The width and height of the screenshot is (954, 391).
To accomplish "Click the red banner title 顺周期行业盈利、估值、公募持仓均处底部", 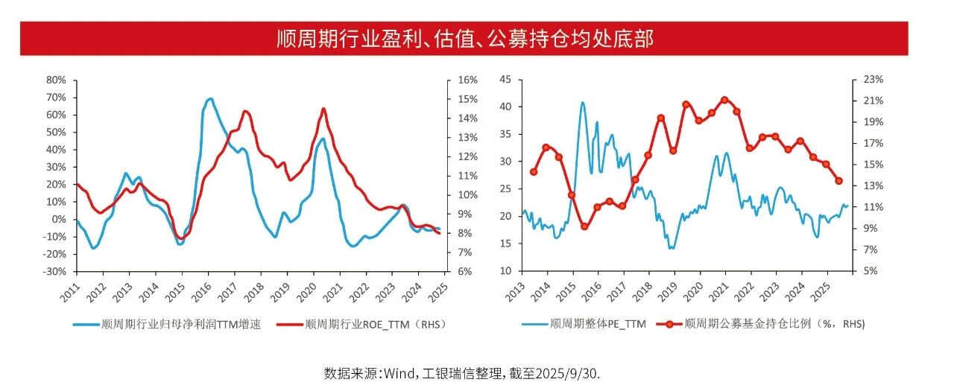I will click(464, 39).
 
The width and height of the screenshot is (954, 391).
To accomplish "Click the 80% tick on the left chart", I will click(57, 80).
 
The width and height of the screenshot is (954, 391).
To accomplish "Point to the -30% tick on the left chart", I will click(54, 271).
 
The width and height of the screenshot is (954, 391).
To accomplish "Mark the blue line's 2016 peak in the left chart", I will click(209, 98).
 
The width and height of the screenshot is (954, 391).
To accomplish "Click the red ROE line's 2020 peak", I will click(323, 109).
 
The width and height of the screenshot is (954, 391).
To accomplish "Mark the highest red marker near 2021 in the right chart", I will click(724, 100).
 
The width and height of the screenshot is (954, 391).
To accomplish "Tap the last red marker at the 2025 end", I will click(838, 181).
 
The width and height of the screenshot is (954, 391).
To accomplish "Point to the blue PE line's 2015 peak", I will click(583, 102).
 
